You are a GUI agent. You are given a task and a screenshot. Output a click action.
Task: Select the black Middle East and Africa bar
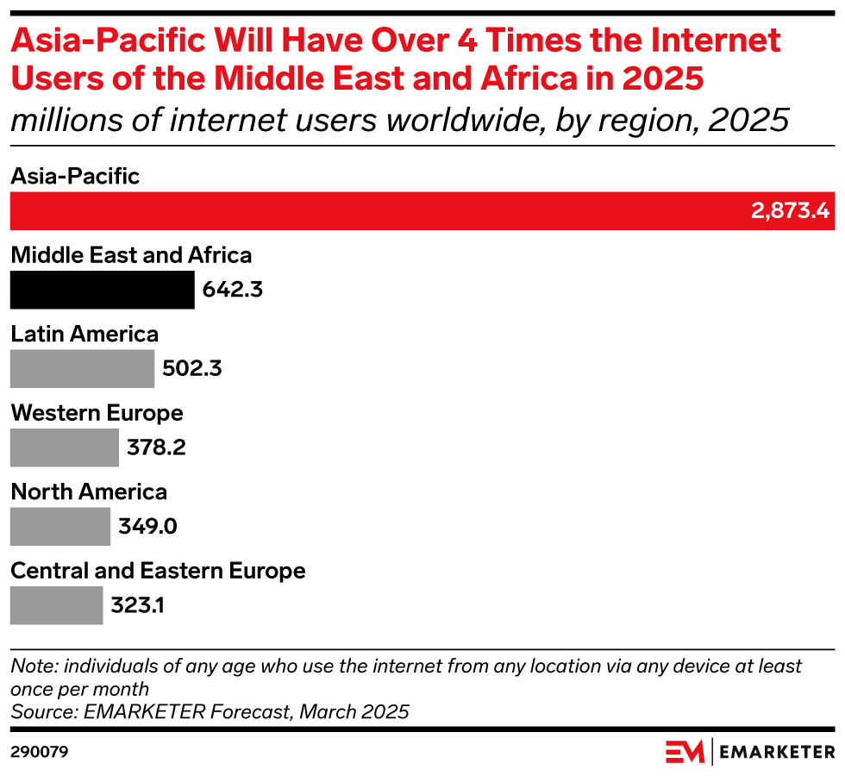click(102, 290)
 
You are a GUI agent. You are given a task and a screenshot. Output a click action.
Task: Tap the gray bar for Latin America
click(82, 369)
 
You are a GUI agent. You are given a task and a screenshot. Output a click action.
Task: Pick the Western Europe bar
click(64, 447)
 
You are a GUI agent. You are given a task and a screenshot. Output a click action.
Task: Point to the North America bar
click(60, 527)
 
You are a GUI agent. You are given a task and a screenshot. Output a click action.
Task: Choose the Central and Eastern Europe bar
click(56, 605)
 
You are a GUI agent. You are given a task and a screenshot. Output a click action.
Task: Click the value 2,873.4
click(789, 211)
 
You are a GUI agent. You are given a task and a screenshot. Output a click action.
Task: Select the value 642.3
click(232, 290)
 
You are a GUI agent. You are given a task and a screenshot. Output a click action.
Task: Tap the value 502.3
click(191, 369)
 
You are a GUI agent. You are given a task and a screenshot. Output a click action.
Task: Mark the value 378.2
click(156, 447)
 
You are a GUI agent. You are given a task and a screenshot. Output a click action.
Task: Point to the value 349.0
click(147, 527)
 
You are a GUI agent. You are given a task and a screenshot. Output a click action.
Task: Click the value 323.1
click(137, 605)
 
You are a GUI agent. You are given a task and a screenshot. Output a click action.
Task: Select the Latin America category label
click(84, 334)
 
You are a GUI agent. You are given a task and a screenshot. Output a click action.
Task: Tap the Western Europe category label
click(97, 413)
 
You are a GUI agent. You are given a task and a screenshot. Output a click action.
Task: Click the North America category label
click(89, 491)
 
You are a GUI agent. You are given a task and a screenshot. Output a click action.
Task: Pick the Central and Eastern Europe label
click(158, 571)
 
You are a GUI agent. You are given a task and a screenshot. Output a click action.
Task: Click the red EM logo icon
click(685, 752)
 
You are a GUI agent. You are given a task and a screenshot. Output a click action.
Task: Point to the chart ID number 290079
click(39, 752)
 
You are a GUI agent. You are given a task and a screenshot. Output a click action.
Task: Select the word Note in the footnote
click(29, 666)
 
